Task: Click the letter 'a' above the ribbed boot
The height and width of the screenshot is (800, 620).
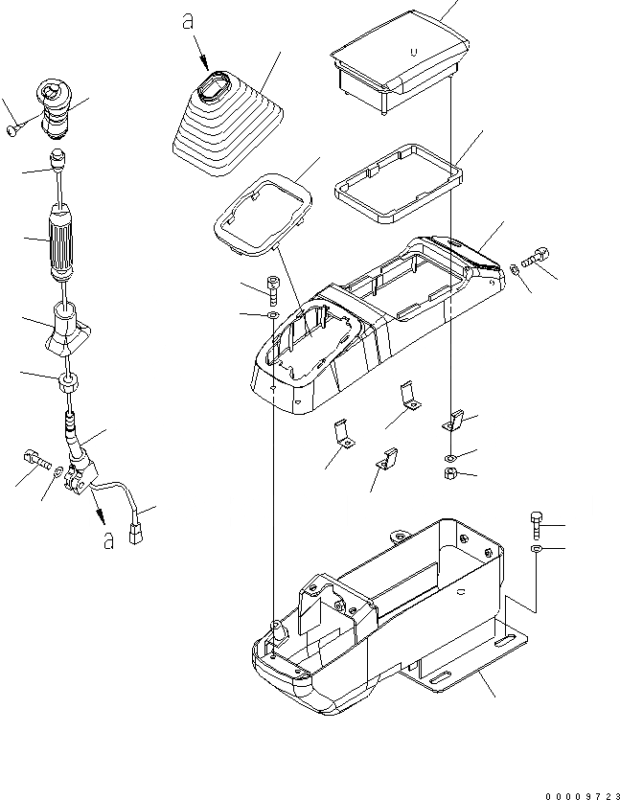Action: (x=186, y=21)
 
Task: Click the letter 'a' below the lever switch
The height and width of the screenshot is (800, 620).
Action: (x=109, y=541)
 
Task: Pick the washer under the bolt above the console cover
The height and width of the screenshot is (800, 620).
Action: (x=272, y=315)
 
